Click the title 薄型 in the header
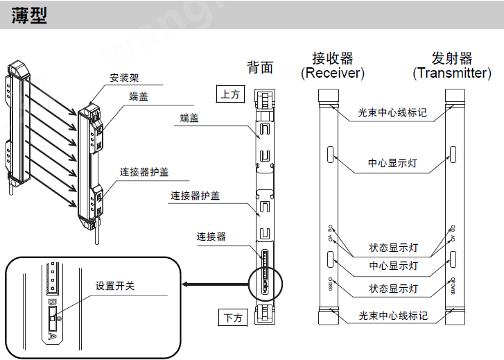click(x=29, y=15)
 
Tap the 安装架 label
click(x=123, y=78)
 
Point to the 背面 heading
click(x=260, y=67)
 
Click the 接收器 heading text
click(x=332, y=58)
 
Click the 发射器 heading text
click(x=451, y=58)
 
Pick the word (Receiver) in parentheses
click(x=332, y=73)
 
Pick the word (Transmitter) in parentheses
click(x=451, y=73)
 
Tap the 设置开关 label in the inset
click(x=115, y=286)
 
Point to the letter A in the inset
click(x=52, y=336)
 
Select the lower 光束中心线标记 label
click(x=392, y=316)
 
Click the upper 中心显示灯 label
click(x=392, y=164)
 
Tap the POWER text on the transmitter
click(x=452, y=286)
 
